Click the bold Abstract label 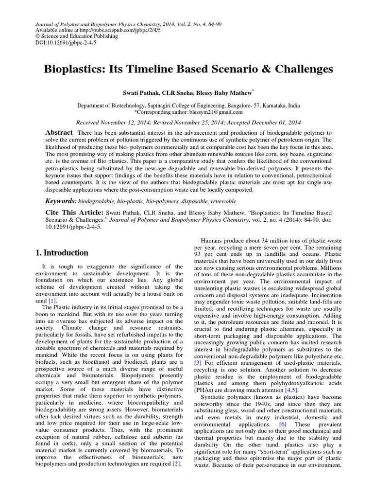(59, 132)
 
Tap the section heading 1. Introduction (62, 253)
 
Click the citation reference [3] (198, 363)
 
